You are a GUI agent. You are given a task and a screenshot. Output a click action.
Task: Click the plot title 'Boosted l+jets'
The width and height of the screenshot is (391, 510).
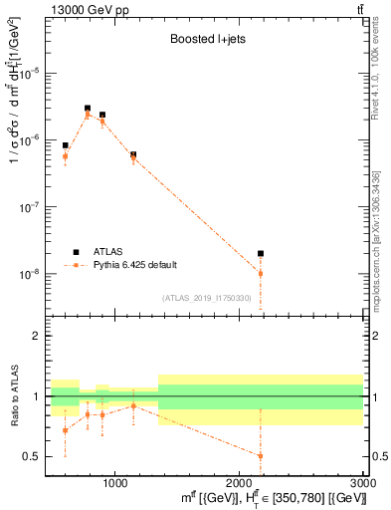[x=203, y=41]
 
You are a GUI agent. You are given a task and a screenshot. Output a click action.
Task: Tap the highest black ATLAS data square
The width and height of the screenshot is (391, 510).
[x=88, y=109]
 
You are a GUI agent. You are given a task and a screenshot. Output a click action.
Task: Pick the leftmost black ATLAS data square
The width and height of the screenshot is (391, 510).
[x=66, y=145]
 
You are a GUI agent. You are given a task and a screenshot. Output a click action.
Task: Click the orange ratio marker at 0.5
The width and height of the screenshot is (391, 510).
[x=261, y=456]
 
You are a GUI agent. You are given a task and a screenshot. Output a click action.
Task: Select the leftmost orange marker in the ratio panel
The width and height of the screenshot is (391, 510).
[x=66, y=430]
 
